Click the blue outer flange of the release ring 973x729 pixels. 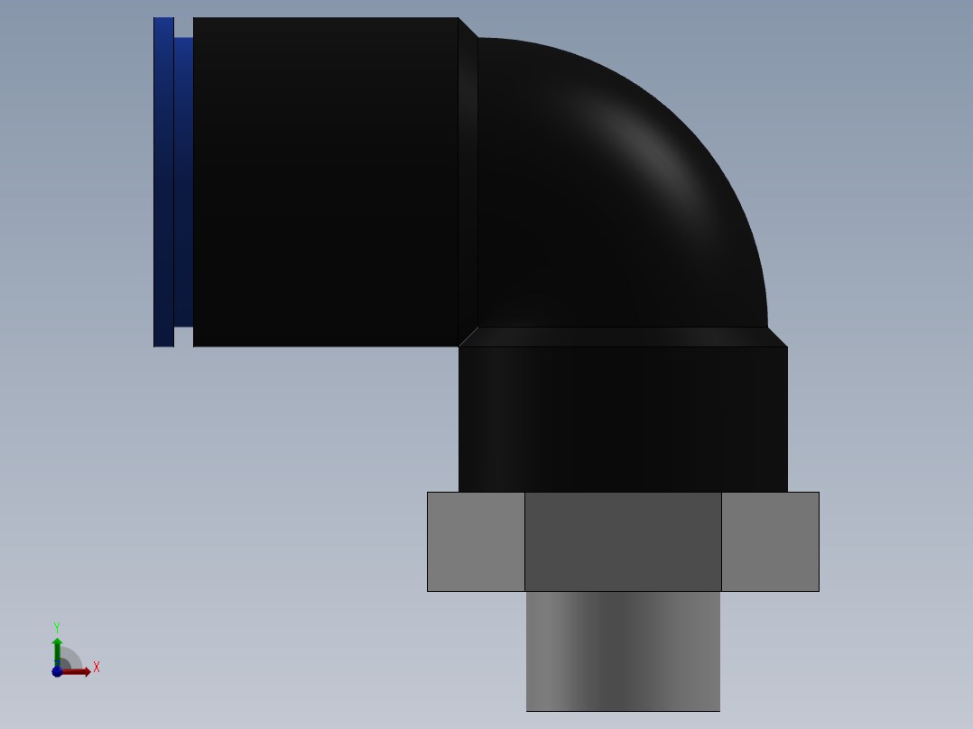163,181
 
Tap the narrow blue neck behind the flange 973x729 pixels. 183,181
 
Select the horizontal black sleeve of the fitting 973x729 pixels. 325,181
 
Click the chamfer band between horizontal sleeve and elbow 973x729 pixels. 468,181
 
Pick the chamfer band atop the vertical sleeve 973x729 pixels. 623,337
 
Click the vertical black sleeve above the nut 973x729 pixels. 623,419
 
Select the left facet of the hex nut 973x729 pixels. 476,541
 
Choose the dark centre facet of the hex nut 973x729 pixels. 623,541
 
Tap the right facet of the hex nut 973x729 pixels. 770,541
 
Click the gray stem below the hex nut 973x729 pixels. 623,651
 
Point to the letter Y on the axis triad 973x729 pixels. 57,626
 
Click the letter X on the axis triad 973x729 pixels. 97,668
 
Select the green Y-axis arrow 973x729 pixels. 57,648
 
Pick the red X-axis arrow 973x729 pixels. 79,671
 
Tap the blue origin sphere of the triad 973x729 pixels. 57,671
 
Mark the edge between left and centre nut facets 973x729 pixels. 524,541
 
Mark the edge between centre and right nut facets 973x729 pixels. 721,541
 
